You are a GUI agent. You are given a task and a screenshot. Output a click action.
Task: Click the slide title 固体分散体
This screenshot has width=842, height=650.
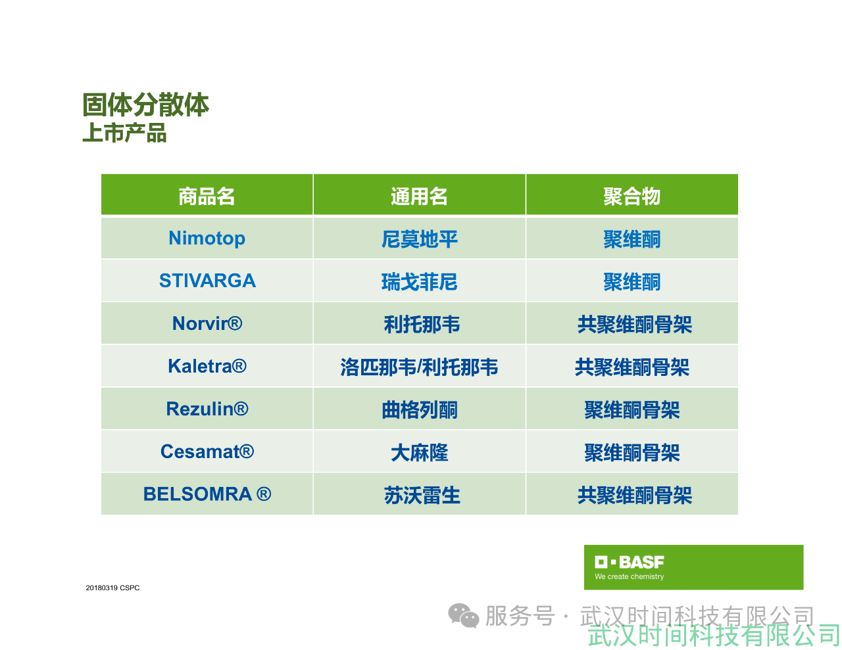[x=145, y=104]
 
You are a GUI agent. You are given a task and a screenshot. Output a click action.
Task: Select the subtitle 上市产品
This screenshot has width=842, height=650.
[x=124, y=132]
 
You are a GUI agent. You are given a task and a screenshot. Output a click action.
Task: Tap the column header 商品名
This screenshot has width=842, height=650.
[x=207, y=196]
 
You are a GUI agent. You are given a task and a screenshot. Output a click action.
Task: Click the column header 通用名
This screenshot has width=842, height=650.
[x=419, y=196]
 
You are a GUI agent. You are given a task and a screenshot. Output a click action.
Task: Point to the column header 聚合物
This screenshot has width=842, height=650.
[x=631, y=196]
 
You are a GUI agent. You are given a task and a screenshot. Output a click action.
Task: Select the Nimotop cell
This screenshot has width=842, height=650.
[x=207, y=239]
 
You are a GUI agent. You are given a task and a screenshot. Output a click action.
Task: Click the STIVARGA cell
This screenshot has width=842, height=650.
[x=207, y=281]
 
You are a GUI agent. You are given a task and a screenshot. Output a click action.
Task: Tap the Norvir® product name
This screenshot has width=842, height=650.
[x=207, y=323]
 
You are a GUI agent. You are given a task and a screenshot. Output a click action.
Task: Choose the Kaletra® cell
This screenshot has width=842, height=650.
[x=207, y=366]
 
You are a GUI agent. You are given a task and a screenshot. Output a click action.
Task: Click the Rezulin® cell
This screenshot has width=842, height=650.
[x=207, y=409]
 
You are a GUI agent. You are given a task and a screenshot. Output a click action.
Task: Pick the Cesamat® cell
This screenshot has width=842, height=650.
[x=207, y=452]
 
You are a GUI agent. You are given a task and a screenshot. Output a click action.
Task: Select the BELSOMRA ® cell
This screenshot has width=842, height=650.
[x=207, y=494]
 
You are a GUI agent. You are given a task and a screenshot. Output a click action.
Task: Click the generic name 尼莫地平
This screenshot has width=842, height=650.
[x=419, y=239]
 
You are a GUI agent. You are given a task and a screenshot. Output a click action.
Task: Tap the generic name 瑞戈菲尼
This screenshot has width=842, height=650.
[x=419, y=281]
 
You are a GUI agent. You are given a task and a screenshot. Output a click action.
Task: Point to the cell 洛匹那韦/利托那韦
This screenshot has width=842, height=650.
[x=419, y=367]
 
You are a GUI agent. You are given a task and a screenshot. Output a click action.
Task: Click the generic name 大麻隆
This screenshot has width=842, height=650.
[x=419, y=452]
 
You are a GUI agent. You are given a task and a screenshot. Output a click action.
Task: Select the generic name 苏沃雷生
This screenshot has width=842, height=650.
[x=422, y=495]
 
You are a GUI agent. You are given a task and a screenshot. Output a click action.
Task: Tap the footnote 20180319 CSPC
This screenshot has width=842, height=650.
[x=112, y=588]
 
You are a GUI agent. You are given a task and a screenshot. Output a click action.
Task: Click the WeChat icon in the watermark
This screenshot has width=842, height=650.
[x=464, y=616]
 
